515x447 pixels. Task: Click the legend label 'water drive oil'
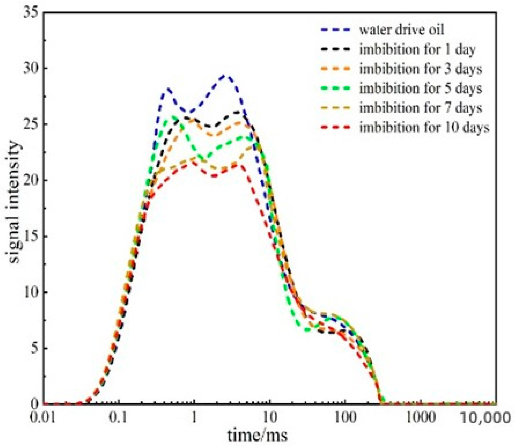coord(401,30)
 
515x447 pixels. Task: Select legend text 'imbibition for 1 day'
coord(417,49)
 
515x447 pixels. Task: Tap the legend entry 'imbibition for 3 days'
coord(421,69)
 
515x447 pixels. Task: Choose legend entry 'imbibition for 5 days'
coord(421,88)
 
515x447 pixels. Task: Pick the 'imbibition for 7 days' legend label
coord(421,108)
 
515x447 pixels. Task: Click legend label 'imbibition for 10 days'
coord(424,127)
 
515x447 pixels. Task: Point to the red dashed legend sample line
coord(335,127)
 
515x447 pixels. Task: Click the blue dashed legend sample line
coord(335,30)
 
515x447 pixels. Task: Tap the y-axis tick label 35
coord(31,14)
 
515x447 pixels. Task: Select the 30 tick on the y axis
coord(31,69)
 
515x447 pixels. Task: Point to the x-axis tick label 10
coord(270,417)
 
